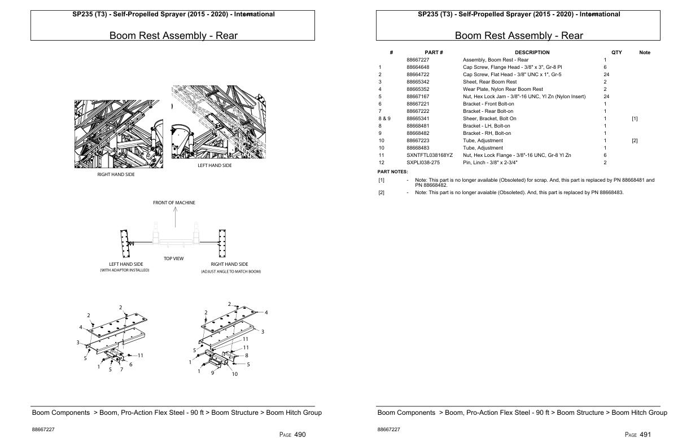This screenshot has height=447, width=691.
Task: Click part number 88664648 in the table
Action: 418,67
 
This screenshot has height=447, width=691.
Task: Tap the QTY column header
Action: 616,52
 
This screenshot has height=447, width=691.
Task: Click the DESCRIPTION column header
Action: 532,52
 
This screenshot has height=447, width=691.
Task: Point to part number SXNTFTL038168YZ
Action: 430,155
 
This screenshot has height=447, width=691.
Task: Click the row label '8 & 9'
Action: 384,119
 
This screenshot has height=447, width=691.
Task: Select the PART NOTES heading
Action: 392,171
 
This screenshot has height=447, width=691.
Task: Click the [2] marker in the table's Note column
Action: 635,141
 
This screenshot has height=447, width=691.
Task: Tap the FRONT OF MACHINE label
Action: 174,203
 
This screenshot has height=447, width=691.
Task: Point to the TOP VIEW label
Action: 173,258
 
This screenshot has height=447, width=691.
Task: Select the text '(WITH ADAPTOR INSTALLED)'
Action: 125,271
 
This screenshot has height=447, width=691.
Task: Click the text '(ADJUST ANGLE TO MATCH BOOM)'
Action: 231,271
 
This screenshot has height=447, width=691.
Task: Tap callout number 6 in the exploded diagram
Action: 131,365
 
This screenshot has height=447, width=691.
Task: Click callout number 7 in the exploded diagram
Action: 121,369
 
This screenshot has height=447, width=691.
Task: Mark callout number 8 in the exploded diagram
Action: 246,356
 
